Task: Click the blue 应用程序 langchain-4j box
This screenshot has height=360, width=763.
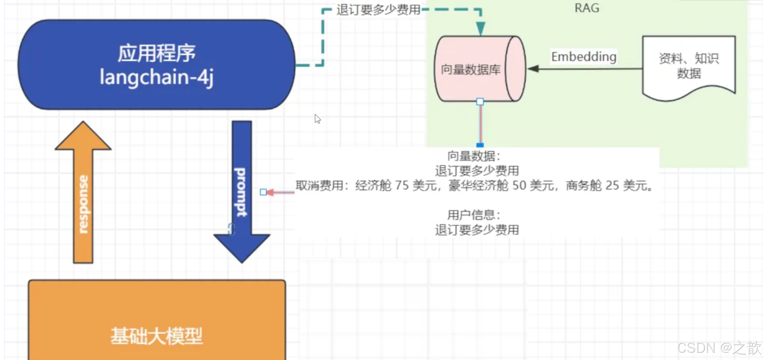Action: [156, 65]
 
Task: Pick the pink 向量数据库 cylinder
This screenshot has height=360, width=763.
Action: [475, 69]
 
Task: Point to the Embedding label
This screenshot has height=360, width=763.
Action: [584, 56]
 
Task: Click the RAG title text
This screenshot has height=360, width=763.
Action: [587, 8]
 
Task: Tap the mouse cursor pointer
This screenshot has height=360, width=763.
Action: [317, 118]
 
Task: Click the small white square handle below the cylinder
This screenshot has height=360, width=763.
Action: [480, 102]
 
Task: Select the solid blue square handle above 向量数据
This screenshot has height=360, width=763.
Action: [480, 145]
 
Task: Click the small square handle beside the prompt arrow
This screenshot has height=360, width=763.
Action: [263, 192]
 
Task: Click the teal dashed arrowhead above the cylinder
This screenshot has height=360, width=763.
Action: [481, 29]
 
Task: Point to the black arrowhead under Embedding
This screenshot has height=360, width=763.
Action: [533, 69]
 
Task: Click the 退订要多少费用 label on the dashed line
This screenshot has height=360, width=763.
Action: [378, 10]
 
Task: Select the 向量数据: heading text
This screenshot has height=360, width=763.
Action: [474, 156]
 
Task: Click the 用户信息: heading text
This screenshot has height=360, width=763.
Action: [474, 215]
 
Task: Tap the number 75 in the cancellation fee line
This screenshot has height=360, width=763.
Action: [402, 186]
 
